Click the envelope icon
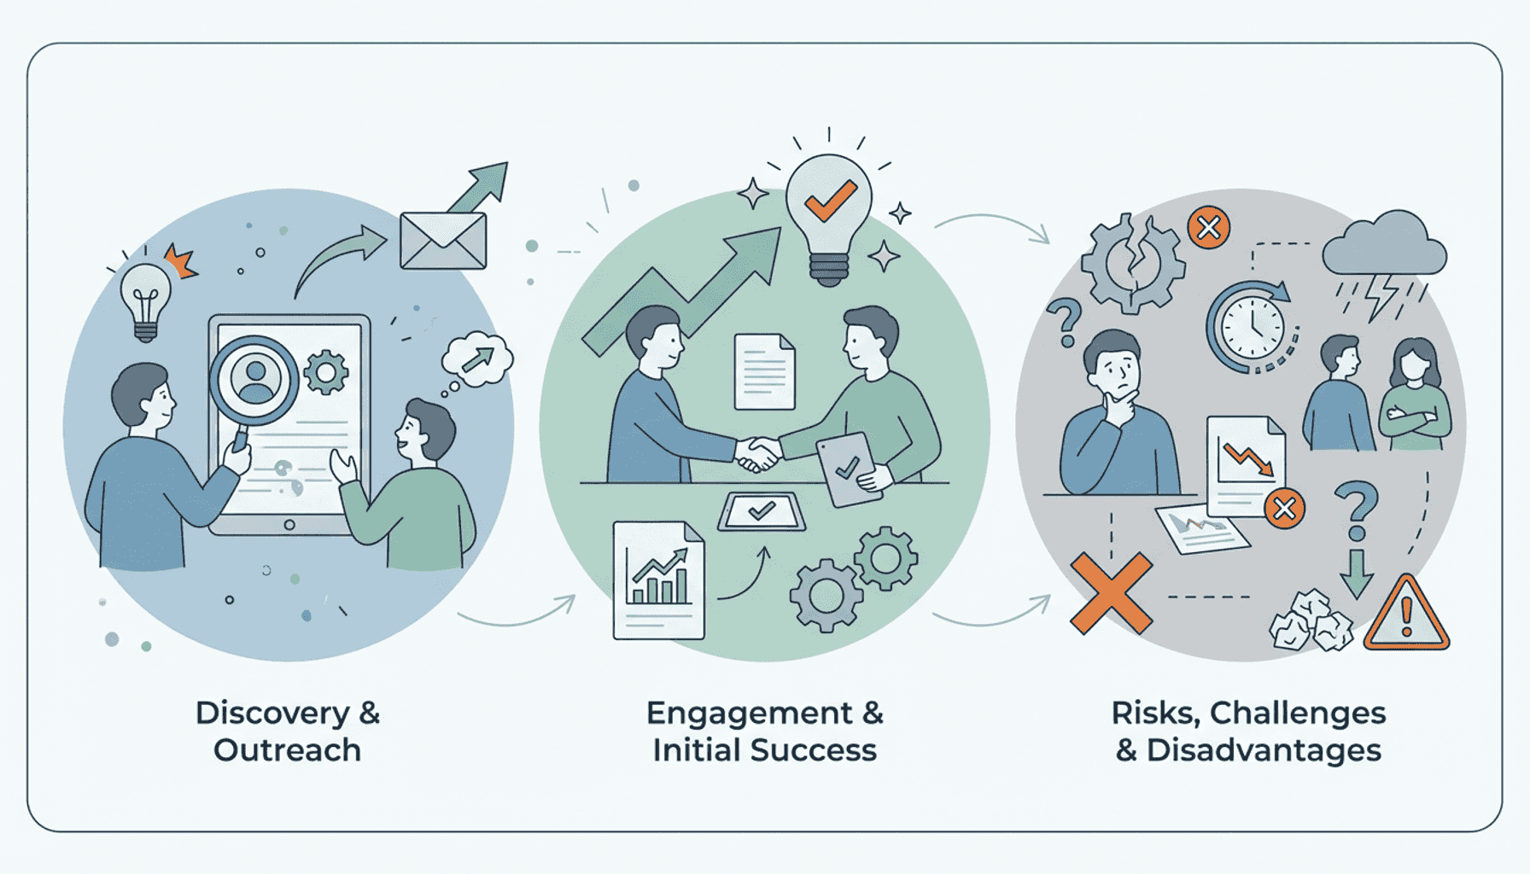[x=443, y=241]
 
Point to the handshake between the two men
[x=758, y=453]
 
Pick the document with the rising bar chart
[x=659, y=580]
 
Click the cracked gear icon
[x=1133, y=263]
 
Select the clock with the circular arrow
[x=1252, y=327]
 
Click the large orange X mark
[x=1111, y=593]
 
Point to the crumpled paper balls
[x=1311, y=621]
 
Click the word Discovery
[x=272, y=714]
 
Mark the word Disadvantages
[x=1264, y=750]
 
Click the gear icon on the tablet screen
[x=326, y=372]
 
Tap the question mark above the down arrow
[x=1356, y=510]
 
